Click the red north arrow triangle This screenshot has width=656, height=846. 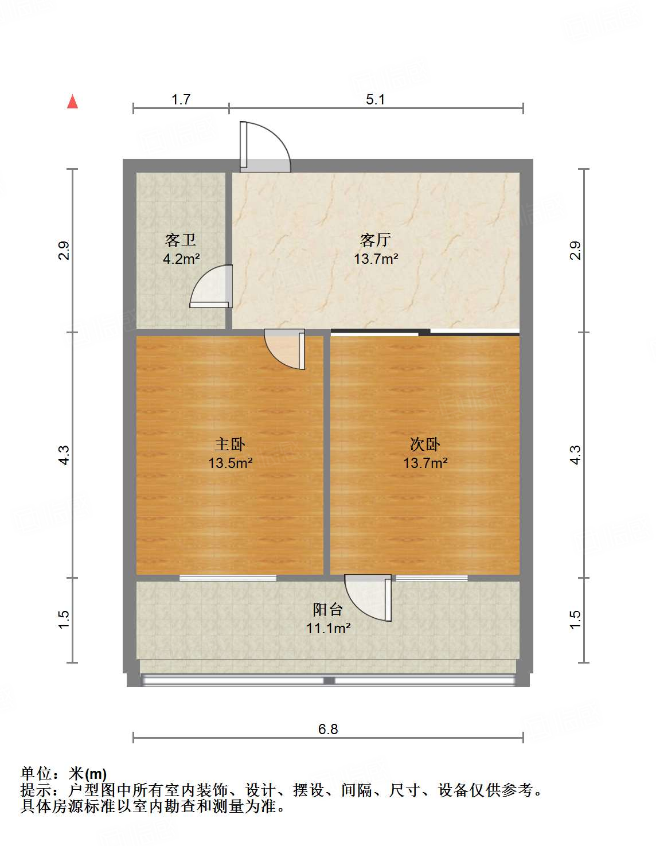tap(72, 102)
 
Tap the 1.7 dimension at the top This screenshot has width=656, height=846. tap(181, 99)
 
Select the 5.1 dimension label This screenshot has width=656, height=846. tap(375, 99)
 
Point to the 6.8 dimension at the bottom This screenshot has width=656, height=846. tap(328, 729)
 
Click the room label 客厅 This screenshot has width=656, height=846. tap(376, 239)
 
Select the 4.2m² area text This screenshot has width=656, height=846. tap(181, 259)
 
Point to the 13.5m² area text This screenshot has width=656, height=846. tap(230, 463)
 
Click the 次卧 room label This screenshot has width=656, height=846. tap(425, 444)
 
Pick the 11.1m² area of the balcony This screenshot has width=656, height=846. tap(328, 628)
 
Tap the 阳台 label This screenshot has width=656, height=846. tap(328, 609)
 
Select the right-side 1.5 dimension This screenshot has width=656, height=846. tap(575, 619)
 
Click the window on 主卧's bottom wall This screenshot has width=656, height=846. tap(228, 578)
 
